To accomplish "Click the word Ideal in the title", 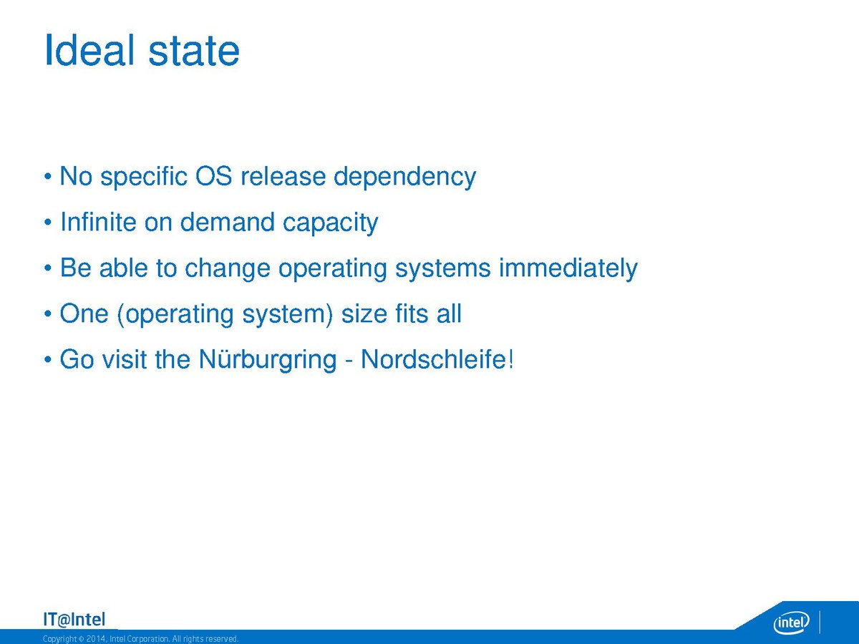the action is [90, 50].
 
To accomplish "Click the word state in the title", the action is [194, 52].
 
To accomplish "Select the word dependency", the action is [404, 178].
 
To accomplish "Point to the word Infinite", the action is [98, 222].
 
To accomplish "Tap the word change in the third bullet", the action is [228, 269].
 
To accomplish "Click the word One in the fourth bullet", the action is [84, 313].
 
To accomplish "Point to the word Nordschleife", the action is [433, 359].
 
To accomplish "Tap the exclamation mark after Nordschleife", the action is [510, 359].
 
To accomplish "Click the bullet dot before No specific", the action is [48, 177].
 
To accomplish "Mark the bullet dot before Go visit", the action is [48, 360].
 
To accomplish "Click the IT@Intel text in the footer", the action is [74, 620].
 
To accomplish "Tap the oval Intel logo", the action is [791, 622].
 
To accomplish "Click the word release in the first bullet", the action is [283, 176].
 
